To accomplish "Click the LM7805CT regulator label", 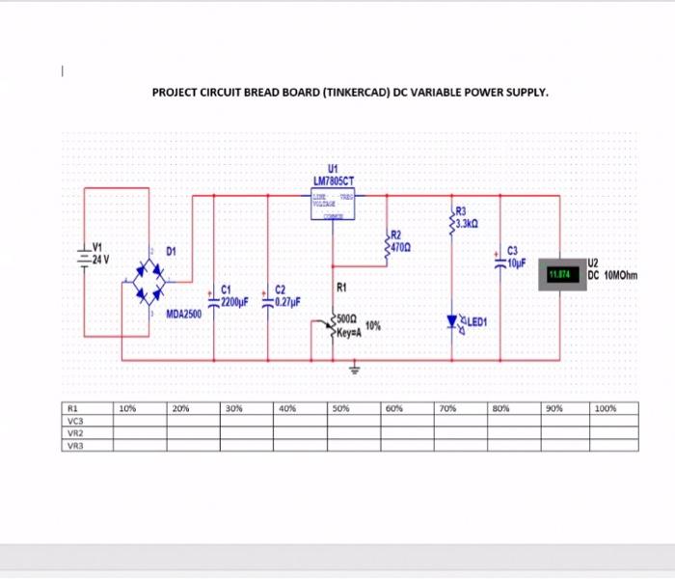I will pyautogui.click(x=334, y=180).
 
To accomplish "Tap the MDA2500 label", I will pyautogui.click(x=183, y=315).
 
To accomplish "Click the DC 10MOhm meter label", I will pyautogui.click(x=612, y=275).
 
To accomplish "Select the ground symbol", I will pyautogui.click(x=356, y=368).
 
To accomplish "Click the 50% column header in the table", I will pyautogui.click(x=340, y=408).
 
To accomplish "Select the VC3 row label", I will pyautogui.click(x=76, y=421).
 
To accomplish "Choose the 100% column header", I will pyautogui.click(x=606, y=408).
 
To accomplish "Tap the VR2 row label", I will pyautogui.click(x=76, y=433).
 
